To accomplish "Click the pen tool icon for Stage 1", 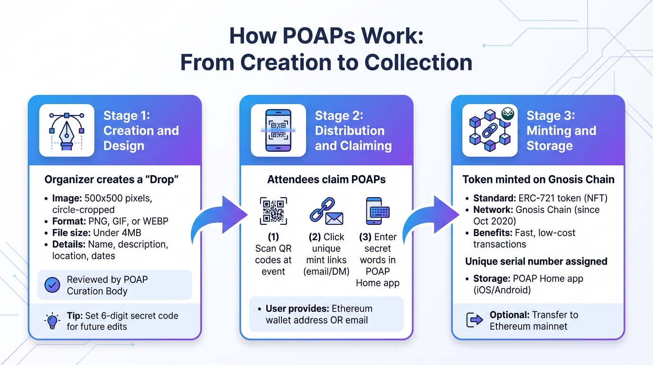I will point(67,130).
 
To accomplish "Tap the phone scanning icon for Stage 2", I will point(278,130).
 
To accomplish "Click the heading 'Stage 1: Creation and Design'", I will point(141,131).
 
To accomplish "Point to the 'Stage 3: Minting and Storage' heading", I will point(561,131).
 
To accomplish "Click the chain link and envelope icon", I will point(326,211).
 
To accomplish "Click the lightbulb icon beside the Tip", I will point(52,321).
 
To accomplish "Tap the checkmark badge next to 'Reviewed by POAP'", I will point(52,285).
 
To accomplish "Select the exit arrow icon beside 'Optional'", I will point(475,321).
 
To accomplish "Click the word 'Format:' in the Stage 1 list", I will point(69,221).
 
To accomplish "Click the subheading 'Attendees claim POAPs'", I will point(326,180).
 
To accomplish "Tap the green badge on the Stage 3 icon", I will point(508,114).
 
